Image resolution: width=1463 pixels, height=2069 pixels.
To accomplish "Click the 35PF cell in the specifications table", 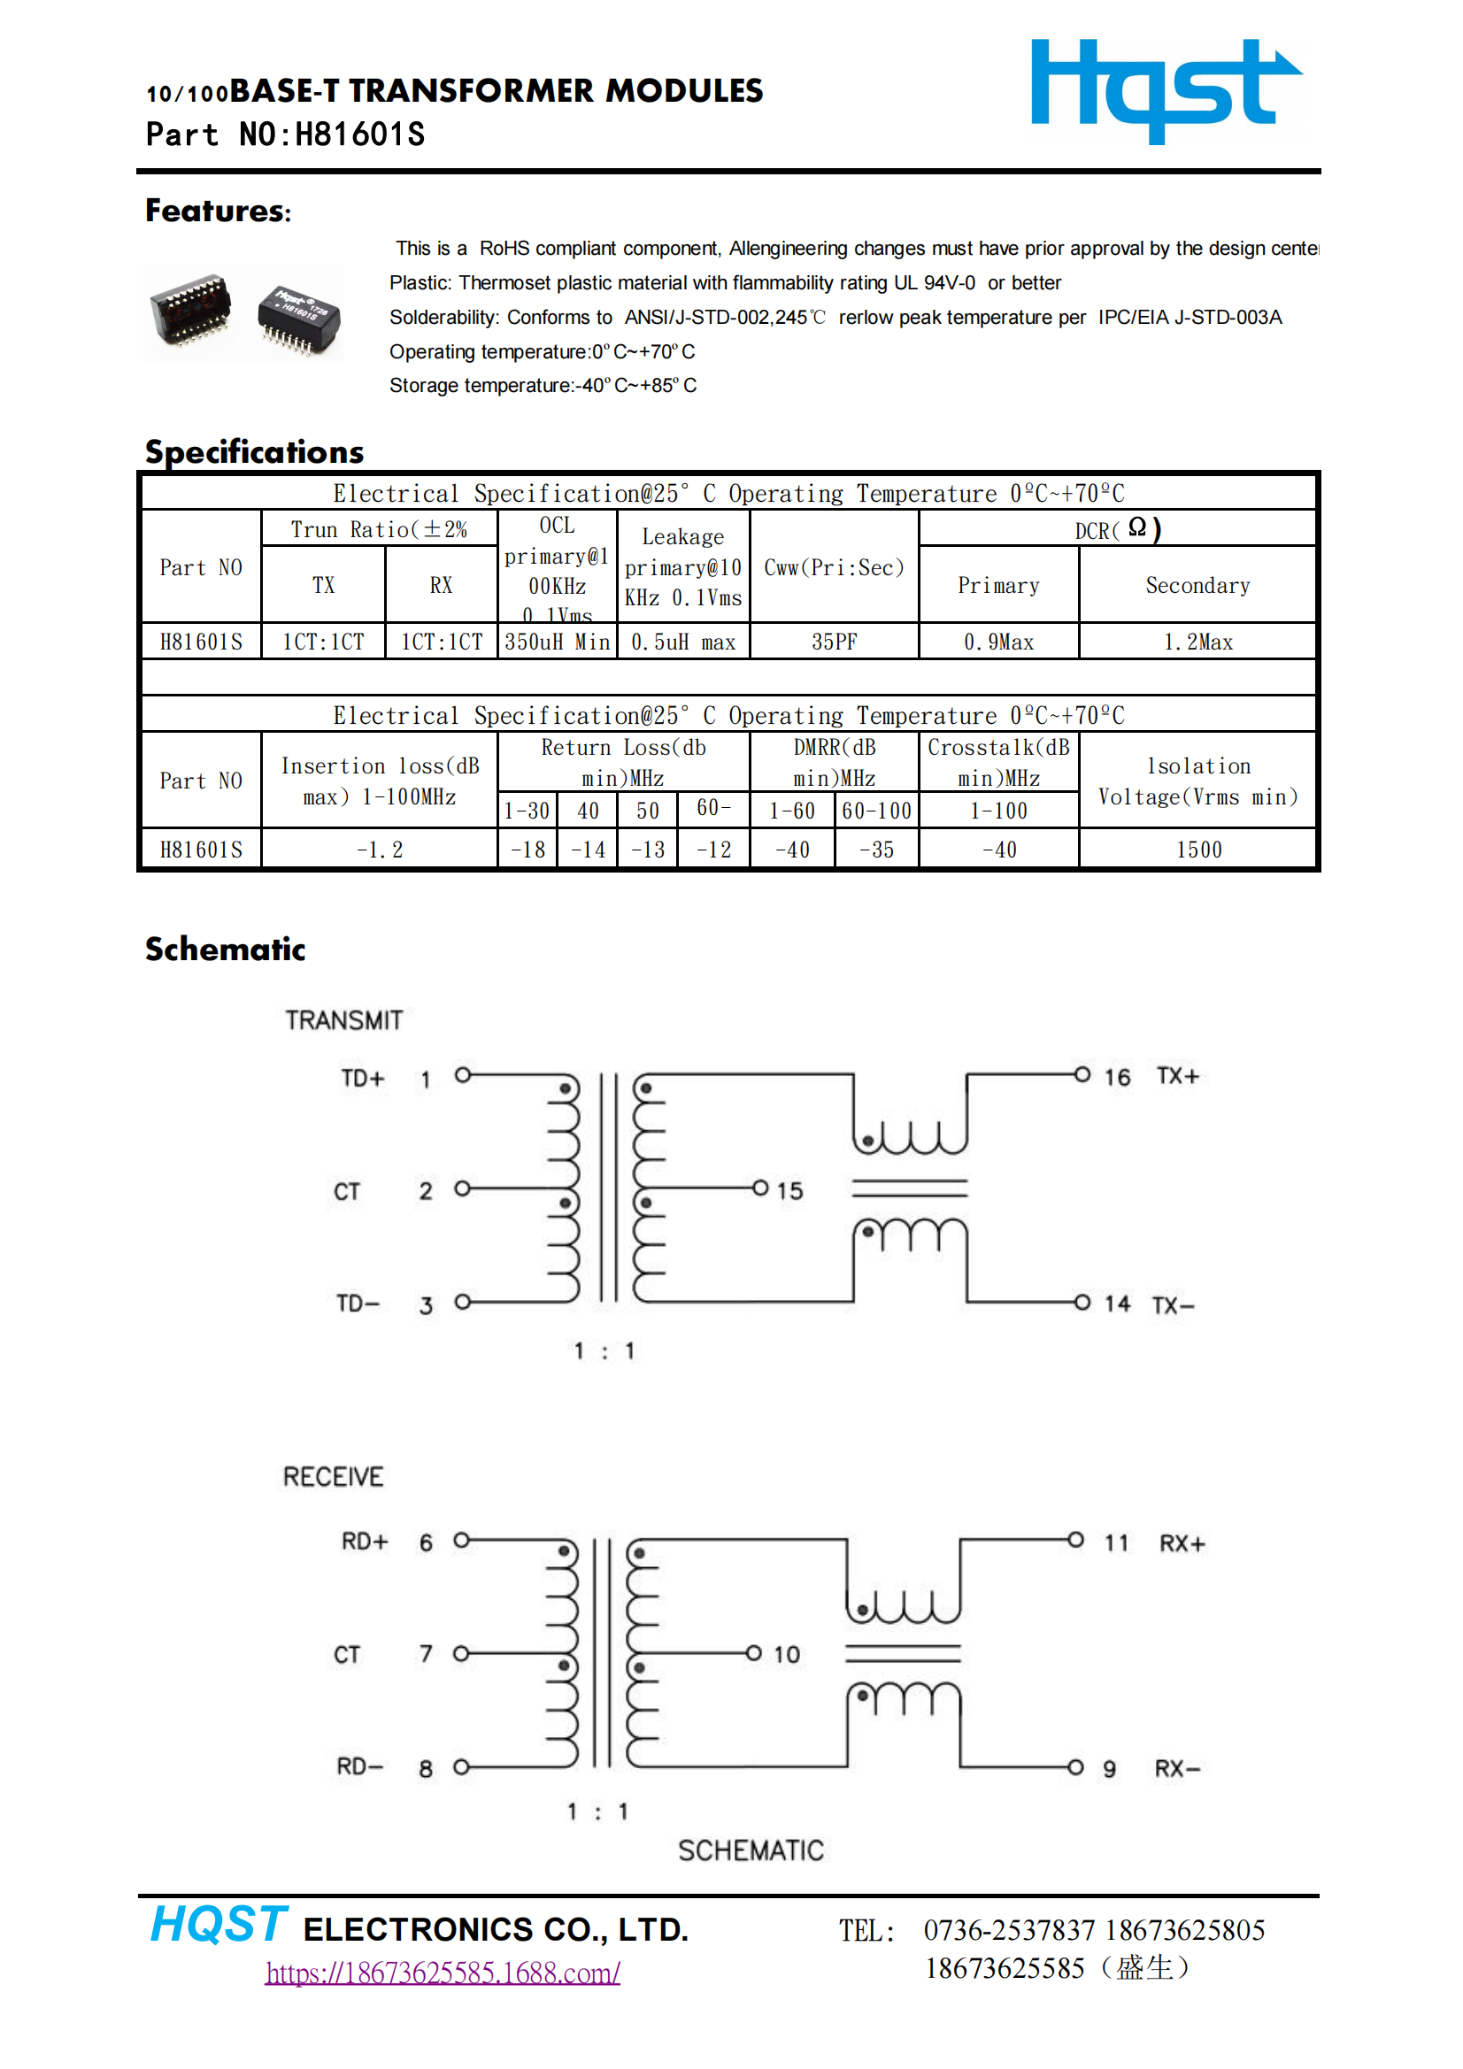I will pos(834,642).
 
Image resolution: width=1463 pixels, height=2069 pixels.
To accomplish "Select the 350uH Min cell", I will pos(557,642).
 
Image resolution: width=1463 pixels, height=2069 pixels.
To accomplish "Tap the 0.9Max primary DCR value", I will pos(997,642).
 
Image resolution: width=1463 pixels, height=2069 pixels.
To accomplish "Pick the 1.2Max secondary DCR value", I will pos(1197,642).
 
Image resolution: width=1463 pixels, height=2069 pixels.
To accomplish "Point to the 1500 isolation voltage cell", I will pos(1198,850).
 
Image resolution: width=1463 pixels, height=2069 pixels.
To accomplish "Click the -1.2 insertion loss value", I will pos(380,850).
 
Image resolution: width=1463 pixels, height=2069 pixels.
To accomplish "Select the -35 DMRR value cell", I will pos(876,850).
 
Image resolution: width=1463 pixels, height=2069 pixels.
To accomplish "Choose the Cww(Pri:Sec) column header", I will pos(834,568).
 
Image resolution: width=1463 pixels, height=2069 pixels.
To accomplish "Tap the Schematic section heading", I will pos(226,949).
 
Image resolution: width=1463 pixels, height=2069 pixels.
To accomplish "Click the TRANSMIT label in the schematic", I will pos(343,1020).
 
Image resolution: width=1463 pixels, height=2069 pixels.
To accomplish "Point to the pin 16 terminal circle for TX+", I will pos(1082,1074).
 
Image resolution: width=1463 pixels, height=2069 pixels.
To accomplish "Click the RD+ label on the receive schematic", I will pos(364,1542).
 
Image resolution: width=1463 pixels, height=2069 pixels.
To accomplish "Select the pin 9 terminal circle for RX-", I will pos(1075,1767).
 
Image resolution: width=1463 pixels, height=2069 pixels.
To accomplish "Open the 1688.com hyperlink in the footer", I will pos(443,1973).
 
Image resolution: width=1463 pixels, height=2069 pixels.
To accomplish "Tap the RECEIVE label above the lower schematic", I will pos(333,1477).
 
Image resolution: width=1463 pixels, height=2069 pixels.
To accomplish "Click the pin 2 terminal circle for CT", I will pos(462,1188).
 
